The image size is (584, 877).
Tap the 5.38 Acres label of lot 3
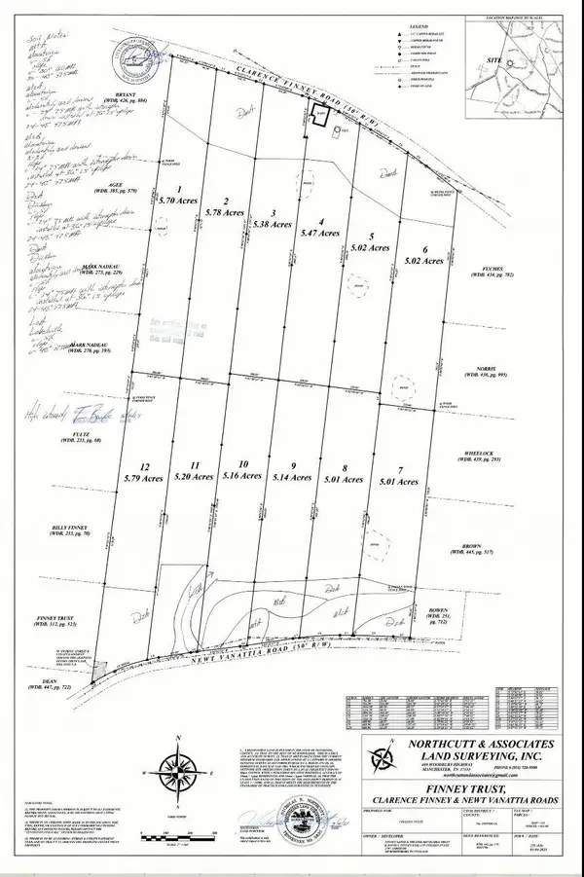(x=272, y=224)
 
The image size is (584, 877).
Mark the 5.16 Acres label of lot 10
(x=243, y=476)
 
